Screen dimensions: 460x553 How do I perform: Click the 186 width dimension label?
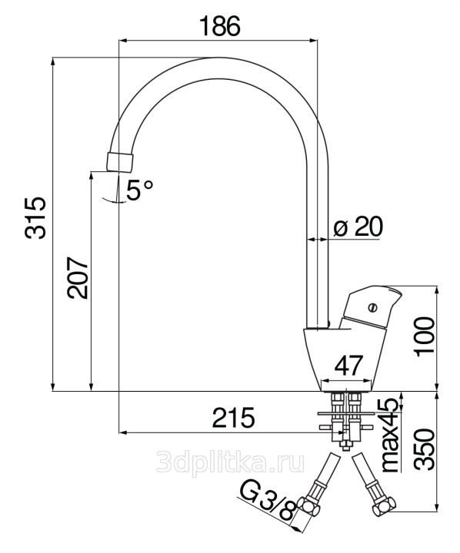coord(220,26)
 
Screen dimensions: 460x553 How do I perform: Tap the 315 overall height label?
coord(35,218)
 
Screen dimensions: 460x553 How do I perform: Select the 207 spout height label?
coord(78,277)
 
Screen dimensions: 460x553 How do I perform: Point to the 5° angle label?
coord(140,190)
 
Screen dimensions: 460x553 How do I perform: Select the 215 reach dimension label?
coord(234,418)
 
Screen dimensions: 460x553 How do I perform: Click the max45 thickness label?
coord(391,435)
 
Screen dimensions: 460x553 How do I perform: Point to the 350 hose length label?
coord(424,449)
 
